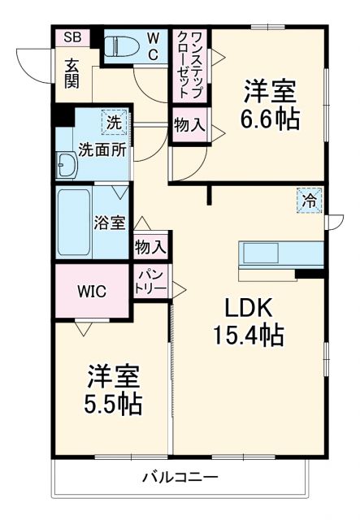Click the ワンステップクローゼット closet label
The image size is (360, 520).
click(188, 66)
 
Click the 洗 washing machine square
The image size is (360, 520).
click(114, 123)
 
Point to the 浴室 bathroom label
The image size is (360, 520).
click(109, 220)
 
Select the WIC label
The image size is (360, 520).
click(91, 291)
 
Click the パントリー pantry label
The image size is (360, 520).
click(150, 282)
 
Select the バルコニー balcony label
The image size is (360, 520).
click(182, 477)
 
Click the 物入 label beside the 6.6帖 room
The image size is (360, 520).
click(189, 127)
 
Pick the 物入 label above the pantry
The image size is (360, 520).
click(150, 246)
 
